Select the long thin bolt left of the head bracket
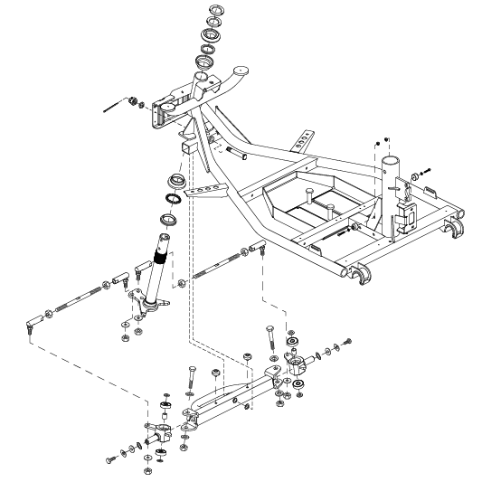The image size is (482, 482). pyautogui.click(x=113, y=108)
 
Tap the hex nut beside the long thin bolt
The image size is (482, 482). pyautogui.click(x=133, y=101)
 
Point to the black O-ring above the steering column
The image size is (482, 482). pyautogui.click(x=170, y=199)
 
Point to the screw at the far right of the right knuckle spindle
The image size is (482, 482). pyautogui.click(x=345, y=341)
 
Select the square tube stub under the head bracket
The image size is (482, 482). pyautogui.click(x=186, y=147)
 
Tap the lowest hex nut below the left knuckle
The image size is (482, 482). pyautogui.click(x=147, y=471)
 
